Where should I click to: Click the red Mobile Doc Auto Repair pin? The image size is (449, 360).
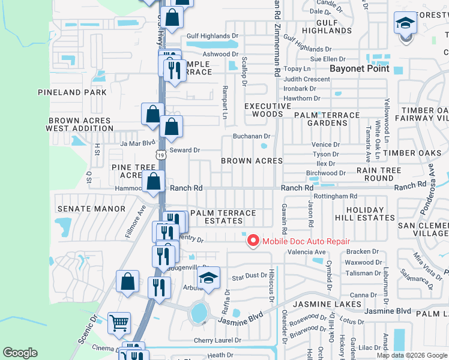pos(253,241)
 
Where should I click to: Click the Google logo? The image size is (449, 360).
pos(20,353)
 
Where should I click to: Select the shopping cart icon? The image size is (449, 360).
pos(119,323)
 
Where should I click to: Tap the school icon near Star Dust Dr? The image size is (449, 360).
pos(208,278)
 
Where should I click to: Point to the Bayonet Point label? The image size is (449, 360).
pos(360,68)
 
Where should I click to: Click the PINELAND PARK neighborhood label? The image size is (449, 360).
pos(72,92)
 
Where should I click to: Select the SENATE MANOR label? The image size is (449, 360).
pos(91,209)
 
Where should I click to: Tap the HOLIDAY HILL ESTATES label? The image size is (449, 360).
pos(364,214)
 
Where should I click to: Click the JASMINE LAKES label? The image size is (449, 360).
pos(327,304)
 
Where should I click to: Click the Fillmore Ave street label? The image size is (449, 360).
pos(136,221)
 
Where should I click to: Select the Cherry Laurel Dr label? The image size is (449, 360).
pos(217,340)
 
